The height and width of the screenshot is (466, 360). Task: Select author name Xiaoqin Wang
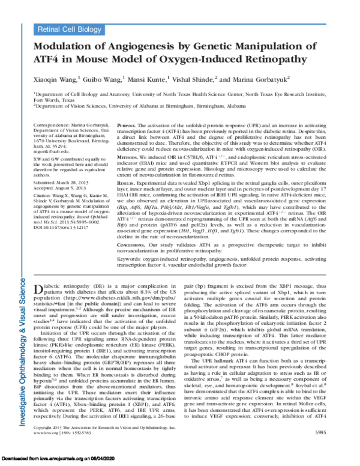pyautogui.click(x=58, y=78)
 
